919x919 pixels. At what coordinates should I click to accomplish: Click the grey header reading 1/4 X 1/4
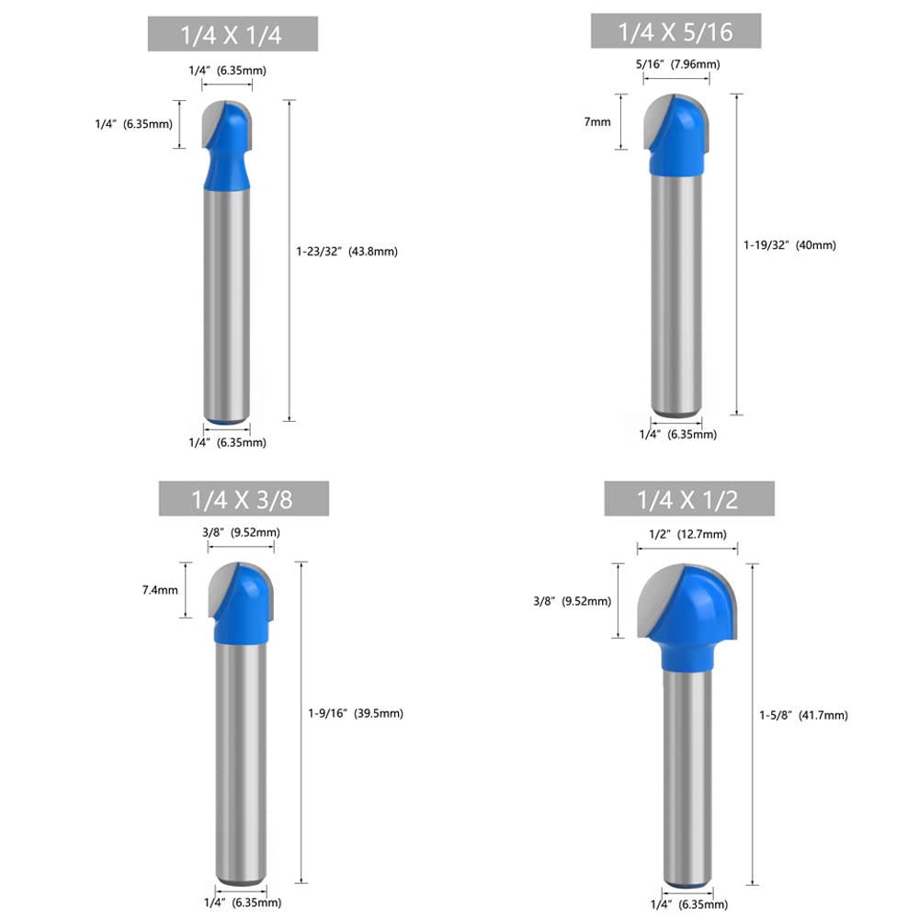[x=233, y=34]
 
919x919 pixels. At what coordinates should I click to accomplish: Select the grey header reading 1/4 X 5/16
[x=675, y=31]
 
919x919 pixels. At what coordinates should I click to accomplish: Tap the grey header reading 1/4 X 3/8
[x=244, y=499]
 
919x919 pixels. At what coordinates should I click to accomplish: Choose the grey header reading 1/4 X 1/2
[x=689, y=499]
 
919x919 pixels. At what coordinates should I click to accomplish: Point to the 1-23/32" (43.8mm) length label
[x=347, y=252]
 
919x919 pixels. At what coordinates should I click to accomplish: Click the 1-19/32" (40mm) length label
[x=790, y=245]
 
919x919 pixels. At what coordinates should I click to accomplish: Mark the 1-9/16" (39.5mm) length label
[x=356, y=713]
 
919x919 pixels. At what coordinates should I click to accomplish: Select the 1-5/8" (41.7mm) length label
[x=803, y=715]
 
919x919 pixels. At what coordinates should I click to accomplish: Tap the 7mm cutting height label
[x=597, y=122]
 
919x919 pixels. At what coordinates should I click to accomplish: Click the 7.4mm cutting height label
[x=160, y=590]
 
